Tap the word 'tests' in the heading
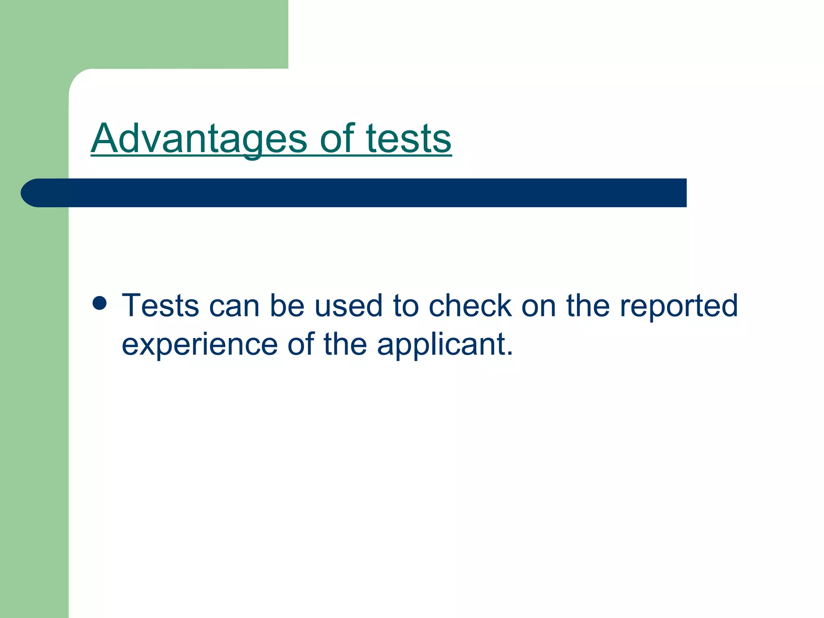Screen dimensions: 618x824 [x=408, y=139]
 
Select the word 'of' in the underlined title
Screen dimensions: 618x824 [x=337, y=139]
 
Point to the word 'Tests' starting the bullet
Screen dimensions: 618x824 [x=160, y=306]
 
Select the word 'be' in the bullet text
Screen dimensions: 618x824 [x=287, y=306]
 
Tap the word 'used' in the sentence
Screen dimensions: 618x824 [x=348, y=306]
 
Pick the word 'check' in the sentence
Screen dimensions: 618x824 [x=470, y=306]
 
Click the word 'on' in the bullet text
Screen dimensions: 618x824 [x=539, y=306]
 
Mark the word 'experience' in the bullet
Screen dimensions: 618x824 [x=200, y=345]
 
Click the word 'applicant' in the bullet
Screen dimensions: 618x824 [x=441, y=345]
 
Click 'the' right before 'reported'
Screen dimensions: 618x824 [x=588, y=306]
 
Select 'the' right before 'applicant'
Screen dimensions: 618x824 [x=345, y=344]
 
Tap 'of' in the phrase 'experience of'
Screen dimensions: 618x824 [x=301, y=344]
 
